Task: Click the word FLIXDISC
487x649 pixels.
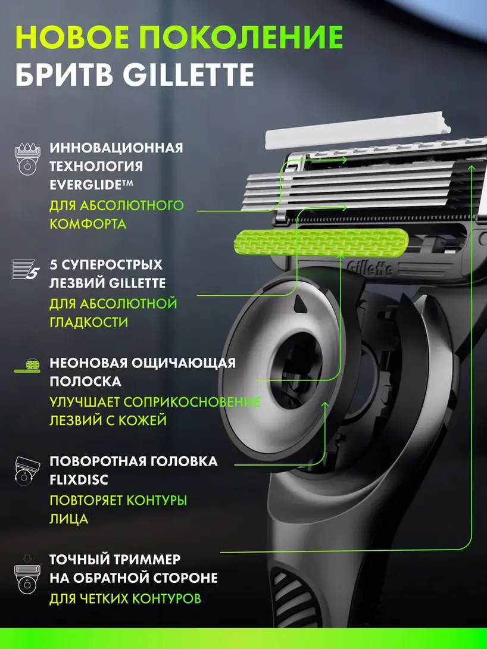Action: click(79, 480)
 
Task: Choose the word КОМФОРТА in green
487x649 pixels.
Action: click(88, 224)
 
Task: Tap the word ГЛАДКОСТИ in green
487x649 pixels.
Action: click(89, 322)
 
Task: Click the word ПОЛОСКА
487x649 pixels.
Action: click(86, 381)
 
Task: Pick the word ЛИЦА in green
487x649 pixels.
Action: click(69, 519)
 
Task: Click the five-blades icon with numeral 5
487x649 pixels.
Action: click(26, 270)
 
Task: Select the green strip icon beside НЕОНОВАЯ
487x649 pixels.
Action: click(27, 366)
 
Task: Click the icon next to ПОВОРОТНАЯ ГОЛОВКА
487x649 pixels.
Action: click(27, 472)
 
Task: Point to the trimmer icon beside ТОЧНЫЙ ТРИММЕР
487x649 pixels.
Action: click(27, 575)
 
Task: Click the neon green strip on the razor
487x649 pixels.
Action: click(321, 242)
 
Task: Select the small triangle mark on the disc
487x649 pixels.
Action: click(299, 304)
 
